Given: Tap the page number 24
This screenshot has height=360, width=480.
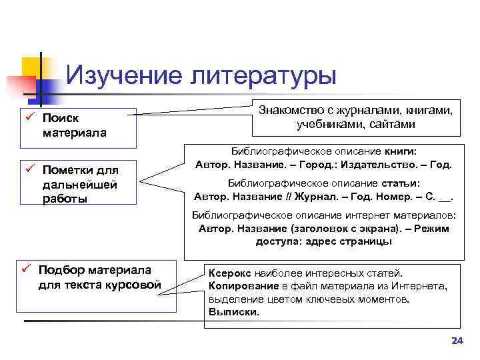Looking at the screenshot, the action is point(457,341).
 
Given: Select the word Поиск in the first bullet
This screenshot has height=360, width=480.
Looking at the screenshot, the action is point(61,119).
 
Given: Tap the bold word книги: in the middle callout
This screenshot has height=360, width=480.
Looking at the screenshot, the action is point(401,151).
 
